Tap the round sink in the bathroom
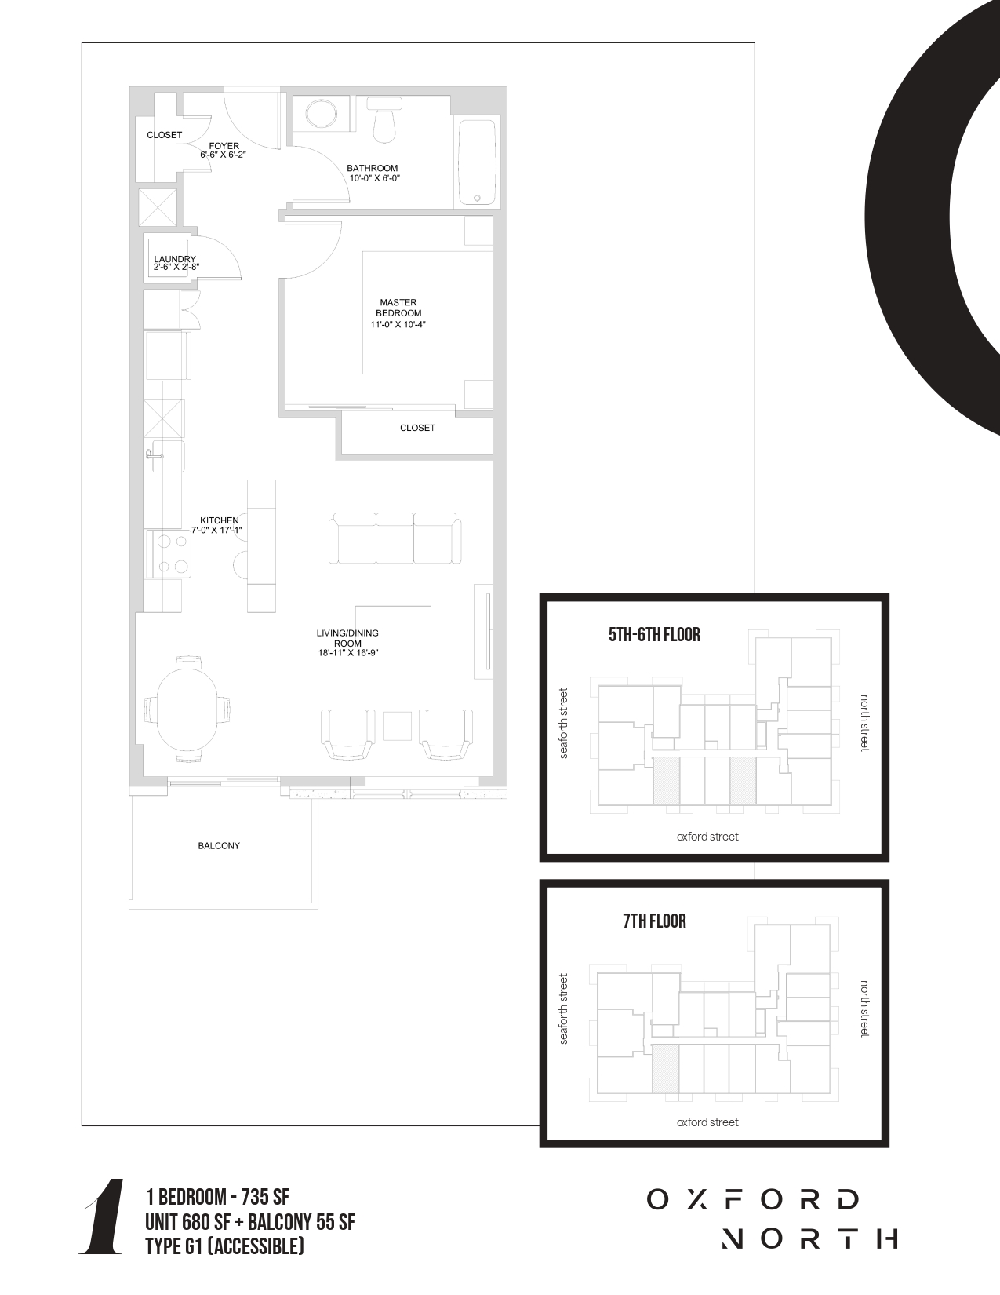321,113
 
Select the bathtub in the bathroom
477,162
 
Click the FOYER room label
224,146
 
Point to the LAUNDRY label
174,259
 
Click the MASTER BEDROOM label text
398,308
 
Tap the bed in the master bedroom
427,313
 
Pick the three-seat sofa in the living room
395,538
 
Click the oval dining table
187,709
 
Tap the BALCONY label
219,845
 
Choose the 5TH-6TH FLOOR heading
654,635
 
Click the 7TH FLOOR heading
654,921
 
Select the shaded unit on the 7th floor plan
666,1068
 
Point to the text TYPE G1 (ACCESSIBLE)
224,1246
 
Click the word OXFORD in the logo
753,1199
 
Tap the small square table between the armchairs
397,726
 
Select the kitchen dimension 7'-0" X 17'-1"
216,530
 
